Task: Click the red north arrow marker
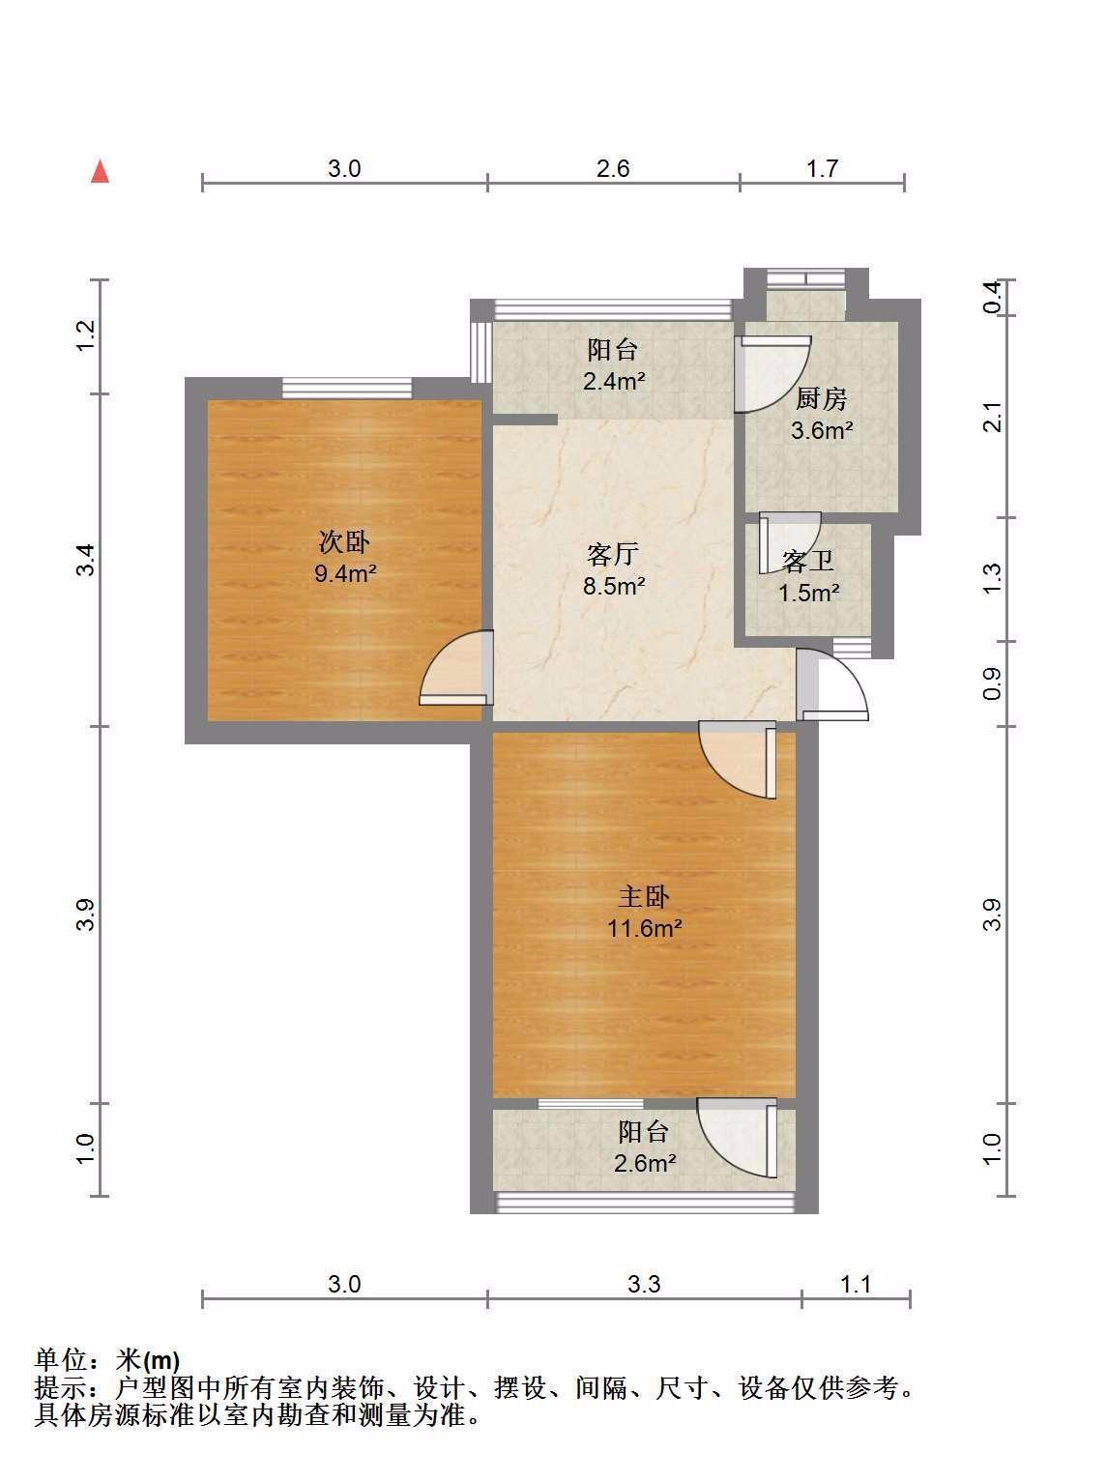[x=101, y=171]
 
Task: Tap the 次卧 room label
[x=344, y=541]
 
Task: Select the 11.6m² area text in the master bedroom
[x=644, y=928]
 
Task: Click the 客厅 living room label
[x=612, y=554]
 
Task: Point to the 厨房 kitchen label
[x=821, y=399]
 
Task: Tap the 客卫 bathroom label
[x=807, y=561]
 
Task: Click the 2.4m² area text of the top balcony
[x=614, y=382]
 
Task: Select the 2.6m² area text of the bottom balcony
[x=645, y=1163]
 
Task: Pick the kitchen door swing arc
[x=773, y=374]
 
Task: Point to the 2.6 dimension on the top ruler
[x=613, y=168]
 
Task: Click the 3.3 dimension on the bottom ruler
[x=644, y=1284]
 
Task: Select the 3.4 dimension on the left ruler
[x=86, y=560]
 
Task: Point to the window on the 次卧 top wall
[x=346, y=389]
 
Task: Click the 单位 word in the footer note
[x=61, y=1359]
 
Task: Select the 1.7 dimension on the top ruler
[x=823, y=168]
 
